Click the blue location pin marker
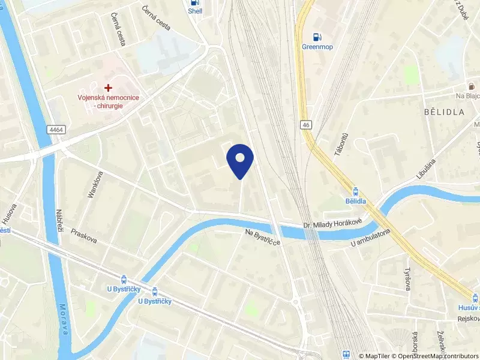coord(240,160)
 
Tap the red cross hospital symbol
coord(108,88)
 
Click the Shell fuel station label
coord(195,11)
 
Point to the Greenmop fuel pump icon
coord(317,35)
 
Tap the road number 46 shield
coord(307,124)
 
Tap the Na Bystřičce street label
coord(263,236)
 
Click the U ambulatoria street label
coord(371,238)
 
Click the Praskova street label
coord(83,236)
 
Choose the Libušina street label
coord(427,169)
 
